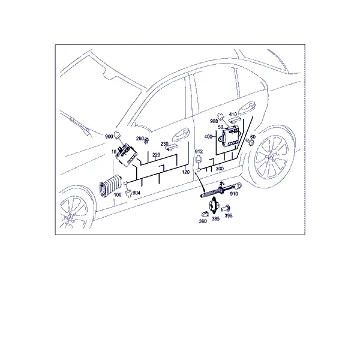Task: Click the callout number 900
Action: (109, 137)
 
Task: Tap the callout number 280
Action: (140, 139)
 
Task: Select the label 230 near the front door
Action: (164, 144)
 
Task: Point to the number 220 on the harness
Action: (156, 155)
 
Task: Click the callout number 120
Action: (186, 172)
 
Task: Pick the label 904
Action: (136, 193)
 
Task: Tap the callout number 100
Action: (118, 195)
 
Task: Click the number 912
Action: (199, 152)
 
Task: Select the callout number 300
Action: (220, 169)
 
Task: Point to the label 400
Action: (208, 137)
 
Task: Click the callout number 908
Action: (214, 121)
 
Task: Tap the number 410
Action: (233, 114)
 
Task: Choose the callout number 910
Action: (234, 194)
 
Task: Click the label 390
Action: (203, 221)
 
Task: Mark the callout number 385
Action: (215, 219)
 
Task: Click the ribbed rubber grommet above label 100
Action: (110, 186)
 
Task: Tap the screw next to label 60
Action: (250, 142)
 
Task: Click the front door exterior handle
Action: (181, 135)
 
